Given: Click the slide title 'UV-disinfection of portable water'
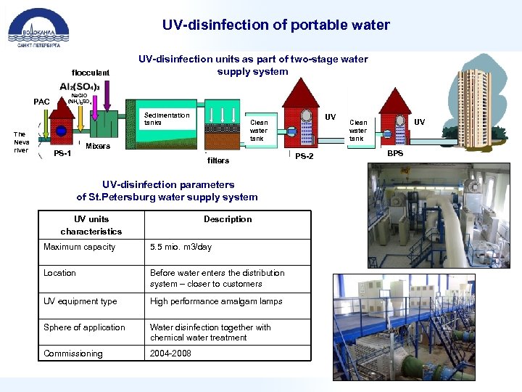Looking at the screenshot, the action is coord(275,25).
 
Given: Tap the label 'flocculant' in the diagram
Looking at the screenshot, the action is coord(90,73).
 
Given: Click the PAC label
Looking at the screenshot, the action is coord(42,102).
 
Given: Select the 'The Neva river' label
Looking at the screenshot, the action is coord(21,142).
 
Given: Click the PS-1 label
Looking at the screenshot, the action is coord(62,153).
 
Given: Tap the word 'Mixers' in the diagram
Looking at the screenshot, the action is coord(98,146).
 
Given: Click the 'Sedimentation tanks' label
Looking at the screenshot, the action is coord(167,118).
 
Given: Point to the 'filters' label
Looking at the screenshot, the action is coord(217,160).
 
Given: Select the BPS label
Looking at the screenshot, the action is coord(395,154).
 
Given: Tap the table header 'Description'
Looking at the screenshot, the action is coord(228,219).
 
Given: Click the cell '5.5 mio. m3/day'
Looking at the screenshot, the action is coord(181,247).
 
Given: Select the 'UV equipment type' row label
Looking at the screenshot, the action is coord(80,301).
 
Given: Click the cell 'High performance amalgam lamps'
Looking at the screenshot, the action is coord(216,301).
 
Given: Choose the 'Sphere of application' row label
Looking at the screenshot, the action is coord(84,327).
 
